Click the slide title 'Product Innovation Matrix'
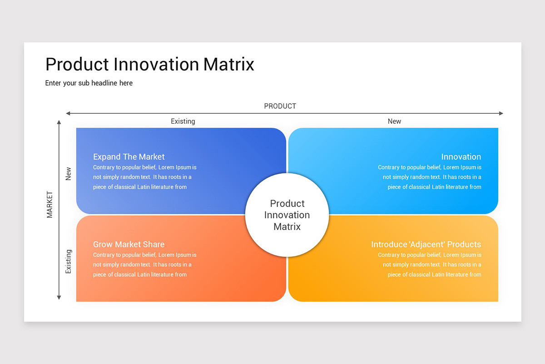[150, 64]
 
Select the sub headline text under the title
[89, 83]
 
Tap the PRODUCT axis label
[280, 106]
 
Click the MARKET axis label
[50, 204]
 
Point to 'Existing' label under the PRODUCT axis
[183, 121]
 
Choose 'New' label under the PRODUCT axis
[394, 121]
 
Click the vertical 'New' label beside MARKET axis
[69, 173]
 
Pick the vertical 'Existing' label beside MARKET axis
[69, 261]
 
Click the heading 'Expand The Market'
[129, 157]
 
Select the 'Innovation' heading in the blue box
[461, 157]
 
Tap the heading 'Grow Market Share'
[129, 244]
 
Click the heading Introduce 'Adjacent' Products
[426, 244]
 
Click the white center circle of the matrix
[287, 215]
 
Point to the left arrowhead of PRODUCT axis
[68, 113]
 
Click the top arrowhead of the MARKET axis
[59, 122]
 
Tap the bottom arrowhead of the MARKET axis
[59, 298]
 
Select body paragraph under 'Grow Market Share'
[144, 265]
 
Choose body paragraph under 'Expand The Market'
[144, 177]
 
